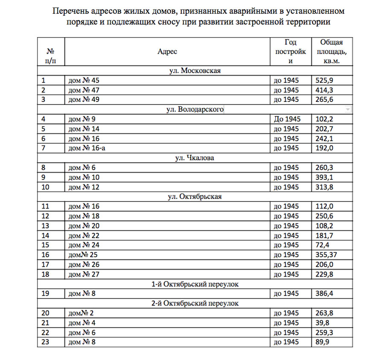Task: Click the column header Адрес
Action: coord(167,52)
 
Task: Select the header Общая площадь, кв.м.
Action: coord(332,52)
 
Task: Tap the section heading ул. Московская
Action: coord(195,71)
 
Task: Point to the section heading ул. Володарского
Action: coord(195,110)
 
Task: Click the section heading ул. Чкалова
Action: coord(195,158)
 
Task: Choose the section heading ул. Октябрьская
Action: coord(195,197)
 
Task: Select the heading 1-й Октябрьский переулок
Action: coord(195,284)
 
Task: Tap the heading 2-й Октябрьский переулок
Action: coord(195,303)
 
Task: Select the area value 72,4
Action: coord(322,245)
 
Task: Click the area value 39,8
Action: coord(322,322)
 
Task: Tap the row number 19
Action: coord(46,293)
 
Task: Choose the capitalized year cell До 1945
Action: coord(287,119)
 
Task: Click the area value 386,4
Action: coord(324,293)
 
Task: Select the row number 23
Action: coord(46,342)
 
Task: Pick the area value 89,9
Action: coord(322,342)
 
